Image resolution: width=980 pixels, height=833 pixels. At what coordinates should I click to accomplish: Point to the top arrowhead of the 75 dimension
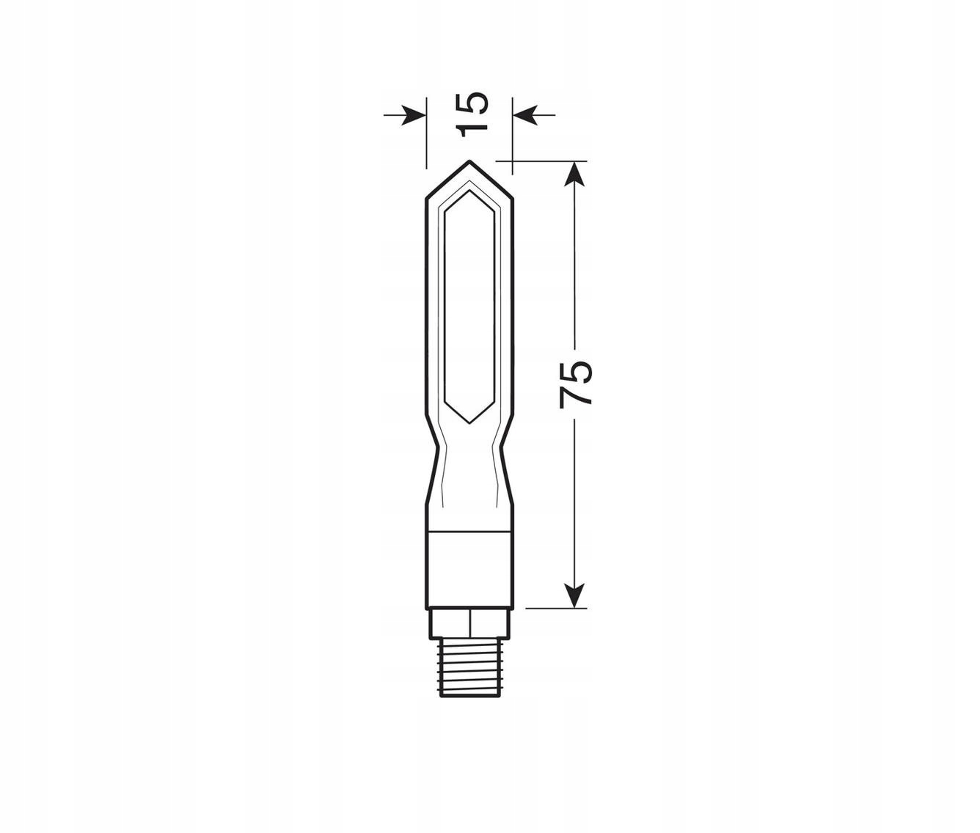pyautogui.click(x=576, y=173)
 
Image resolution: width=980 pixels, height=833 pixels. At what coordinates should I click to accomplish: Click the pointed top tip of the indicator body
pyautogui.click(x=469, y=162)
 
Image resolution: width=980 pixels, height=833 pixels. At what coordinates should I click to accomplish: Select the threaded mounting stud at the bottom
pyautogui.click(x=469, y=667)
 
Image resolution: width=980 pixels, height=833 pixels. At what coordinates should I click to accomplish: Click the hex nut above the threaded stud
pyautogui.click(x=469, y=623)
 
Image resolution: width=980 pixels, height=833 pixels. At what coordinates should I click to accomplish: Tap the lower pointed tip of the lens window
pyautogui.click(x=469, y=422)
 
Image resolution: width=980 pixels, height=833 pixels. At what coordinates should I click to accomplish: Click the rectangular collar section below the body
pyautogui.click(x=469, y=569)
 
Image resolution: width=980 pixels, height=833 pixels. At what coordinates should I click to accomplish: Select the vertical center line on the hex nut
pyautogui.click(x=469, y=623)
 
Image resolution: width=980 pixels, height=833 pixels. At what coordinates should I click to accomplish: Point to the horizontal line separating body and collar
pyautogui.click(x=469, y=530)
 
